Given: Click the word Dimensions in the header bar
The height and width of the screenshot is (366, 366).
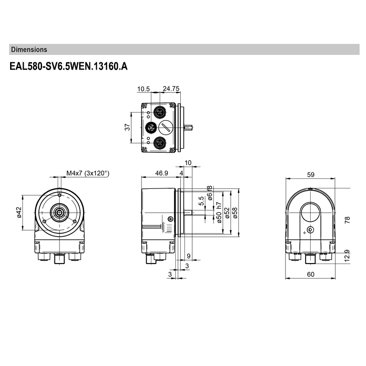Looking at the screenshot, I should coord(29,49).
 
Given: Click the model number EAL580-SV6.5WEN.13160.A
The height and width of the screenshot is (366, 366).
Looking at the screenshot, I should coord(68,67).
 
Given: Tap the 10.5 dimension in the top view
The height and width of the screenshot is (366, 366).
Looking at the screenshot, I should coord(144,89).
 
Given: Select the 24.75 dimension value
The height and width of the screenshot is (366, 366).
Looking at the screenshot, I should coord(171,89).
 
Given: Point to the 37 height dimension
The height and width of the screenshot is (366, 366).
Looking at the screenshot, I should coord(128,127).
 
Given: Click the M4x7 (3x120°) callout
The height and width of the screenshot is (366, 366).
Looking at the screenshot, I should coord(87,173).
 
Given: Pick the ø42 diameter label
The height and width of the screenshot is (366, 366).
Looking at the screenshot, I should coord(19,212).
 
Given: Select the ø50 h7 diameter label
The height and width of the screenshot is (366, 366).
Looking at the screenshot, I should coord(219,212).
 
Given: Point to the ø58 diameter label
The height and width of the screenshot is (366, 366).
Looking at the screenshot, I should coord(235,213).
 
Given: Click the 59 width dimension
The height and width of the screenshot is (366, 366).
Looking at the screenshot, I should coord(311,174).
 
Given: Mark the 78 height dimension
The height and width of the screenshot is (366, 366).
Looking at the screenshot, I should coord(347,220).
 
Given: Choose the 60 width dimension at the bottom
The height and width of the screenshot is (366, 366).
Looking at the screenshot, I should coord(311,274).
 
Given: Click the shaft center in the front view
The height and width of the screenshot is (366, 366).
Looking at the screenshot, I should coord(60,212).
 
